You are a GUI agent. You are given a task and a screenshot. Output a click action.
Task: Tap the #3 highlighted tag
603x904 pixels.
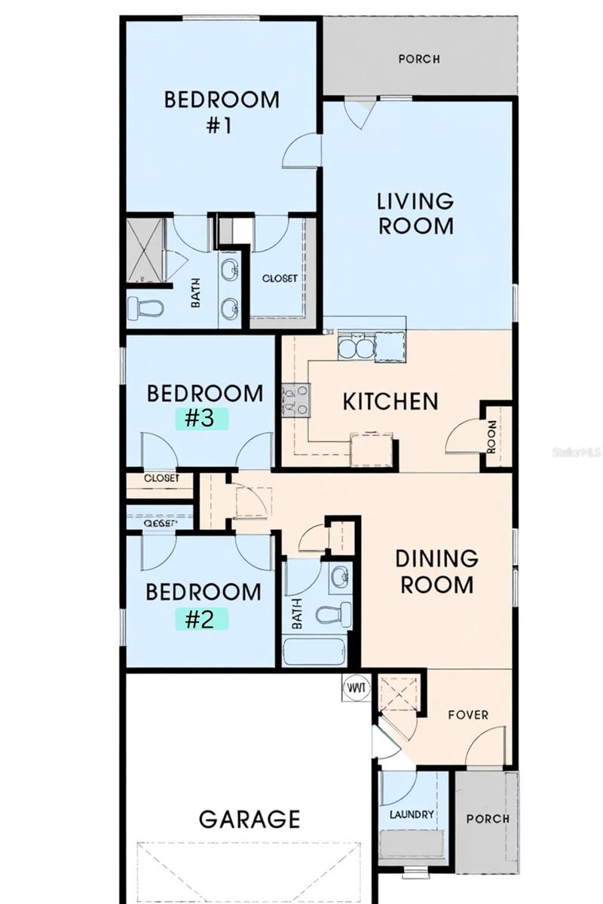(x=200, y=418)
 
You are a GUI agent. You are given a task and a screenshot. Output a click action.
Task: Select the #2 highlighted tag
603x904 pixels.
(x=200, y=618)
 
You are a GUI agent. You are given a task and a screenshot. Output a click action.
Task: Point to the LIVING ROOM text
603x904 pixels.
(x=415, y=213)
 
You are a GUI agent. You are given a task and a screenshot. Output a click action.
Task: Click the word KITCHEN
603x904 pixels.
(x=390, y=402)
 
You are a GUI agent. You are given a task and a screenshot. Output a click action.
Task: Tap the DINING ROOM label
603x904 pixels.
(x=436, y=571)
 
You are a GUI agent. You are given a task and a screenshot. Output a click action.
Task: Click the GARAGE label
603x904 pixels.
(x=249, y=818)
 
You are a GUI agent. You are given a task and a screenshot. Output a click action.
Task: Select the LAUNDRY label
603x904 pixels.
(x=412, y=814)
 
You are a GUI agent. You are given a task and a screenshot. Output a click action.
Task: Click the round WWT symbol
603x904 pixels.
(x=355, y=688)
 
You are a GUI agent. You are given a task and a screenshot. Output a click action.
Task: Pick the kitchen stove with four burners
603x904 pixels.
(x=295, y=399)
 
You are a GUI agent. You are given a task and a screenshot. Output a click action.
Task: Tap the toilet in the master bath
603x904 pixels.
(x=145, y=307)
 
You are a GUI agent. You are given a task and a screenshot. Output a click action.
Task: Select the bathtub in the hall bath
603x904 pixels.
(x=314, y=651)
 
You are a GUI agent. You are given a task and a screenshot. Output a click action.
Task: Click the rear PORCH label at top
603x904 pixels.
(x=419, y=59)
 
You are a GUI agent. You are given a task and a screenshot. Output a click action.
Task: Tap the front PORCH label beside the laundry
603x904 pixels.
(x=487, y=818)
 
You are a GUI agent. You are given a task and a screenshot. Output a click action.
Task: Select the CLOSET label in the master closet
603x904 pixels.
(x=279, y=278)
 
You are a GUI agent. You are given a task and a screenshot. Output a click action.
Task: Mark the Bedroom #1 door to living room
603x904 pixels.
(x=301, y=151)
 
